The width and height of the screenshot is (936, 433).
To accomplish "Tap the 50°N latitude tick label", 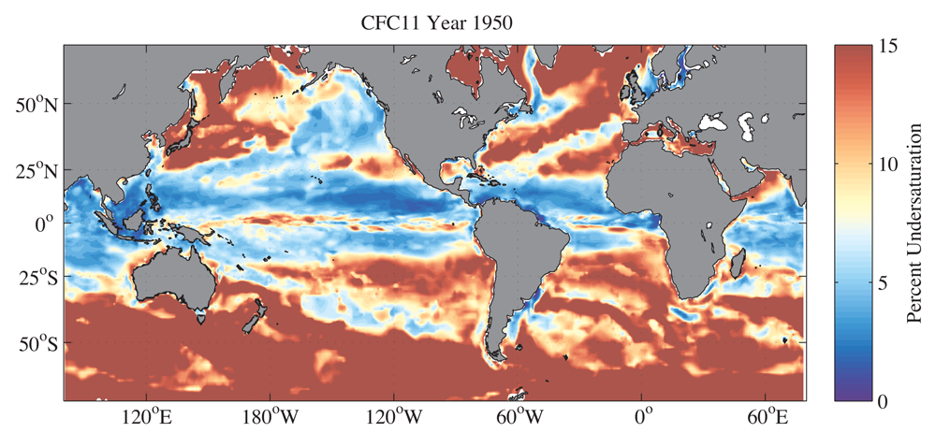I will [36, 105].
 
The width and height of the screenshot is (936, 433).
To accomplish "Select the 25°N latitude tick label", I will [36, 174].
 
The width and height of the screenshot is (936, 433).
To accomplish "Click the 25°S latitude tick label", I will [37, 278].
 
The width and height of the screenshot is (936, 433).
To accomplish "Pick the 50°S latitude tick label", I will [37, 346].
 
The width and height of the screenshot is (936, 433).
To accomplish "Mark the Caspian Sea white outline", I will [748, 123].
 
